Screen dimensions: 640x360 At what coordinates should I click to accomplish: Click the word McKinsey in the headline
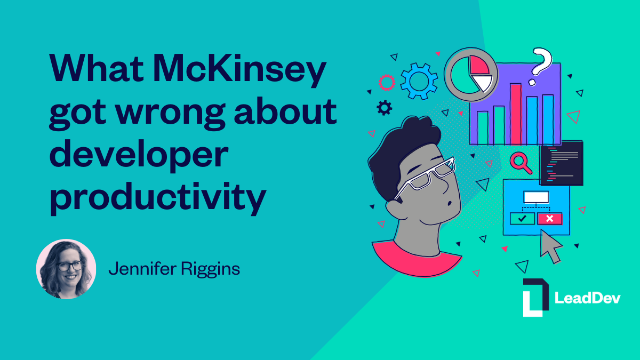[x=239, y=70]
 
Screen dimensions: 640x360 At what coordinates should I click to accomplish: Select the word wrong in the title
[x=171, y=114]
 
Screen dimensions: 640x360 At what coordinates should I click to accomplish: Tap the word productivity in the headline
[x=158, y=198]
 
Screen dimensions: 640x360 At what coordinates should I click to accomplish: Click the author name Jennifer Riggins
[x=174, y=269]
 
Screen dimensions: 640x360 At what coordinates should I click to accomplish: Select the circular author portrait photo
[x=66, y=269]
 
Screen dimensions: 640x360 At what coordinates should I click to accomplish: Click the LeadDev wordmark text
[x=587, y=298]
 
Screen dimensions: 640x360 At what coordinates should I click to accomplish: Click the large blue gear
[x=419, y=82]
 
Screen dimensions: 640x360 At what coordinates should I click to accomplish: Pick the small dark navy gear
[x=385, y=108]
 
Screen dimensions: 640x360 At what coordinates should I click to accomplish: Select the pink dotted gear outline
[x=387, y=83]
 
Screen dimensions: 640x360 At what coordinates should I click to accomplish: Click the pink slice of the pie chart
[x=479, y=65]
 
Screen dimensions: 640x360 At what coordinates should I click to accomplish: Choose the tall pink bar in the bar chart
[x=516, y=114]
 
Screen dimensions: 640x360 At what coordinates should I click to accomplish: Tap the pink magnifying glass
[x=521, y=163]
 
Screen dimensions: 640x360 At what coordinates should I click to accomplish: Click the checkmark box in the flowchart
[x=522, y=219]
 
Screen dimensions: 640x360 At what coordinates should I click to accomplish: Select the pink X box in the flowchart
[x=550, y=219]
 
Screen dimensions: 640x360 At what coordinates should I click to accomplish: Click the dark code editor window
[x=562, y=163]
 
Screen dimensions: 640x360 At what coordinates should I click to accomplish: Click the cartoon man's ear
[x=396, y=209]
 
